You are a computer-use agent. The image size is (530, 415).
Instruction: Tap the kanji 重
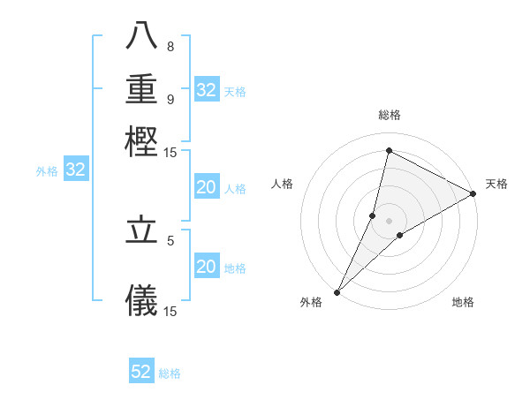tap(141, 90)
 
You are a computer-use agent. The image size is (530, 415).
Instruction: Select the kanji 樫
tap(141, 141)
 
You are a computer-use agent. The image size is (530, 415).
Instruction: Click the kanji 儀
tap(141, 300)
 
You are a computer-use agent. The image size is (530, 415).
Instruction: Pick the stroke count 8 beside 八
tap(170, 47)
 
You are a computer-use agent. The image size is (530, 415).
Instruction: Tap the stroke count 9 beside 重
tap(170, 99)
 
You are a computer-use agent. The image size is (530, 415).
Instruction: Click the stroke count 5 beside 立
tap(170, 239)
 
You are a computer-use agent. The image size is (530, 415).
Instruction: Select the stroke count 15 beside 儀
tap(170, 310)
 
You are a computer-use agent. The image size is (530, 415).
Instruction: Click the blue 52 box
tap(141, 372)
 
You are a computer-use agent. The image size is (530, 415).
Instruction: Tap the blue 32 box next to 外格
tap(76, 170)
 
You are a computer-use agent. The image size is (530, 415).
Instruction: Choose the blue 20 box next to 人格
tap(206, 187)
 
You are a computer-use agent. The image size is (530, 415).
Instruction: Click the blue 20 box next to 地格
tap(206, 267)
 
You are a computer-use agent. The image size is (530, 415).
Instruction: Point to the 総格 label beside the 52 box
tap(170, 373)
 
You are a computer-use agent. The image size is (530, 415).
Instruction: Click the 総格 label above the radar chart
tap(390, 115)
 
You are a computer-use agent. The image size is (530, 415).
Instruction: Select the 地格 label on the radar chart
tap(463, 303)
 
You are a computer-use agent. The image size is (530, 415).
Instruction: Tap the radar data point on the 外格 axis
tap(337, 292)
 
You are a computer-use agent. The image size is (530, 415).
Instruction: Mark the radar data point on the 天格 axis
tap(473, 193)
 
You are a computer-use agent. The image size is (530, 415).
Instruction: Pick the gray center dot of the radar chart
tap(390, 221)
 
